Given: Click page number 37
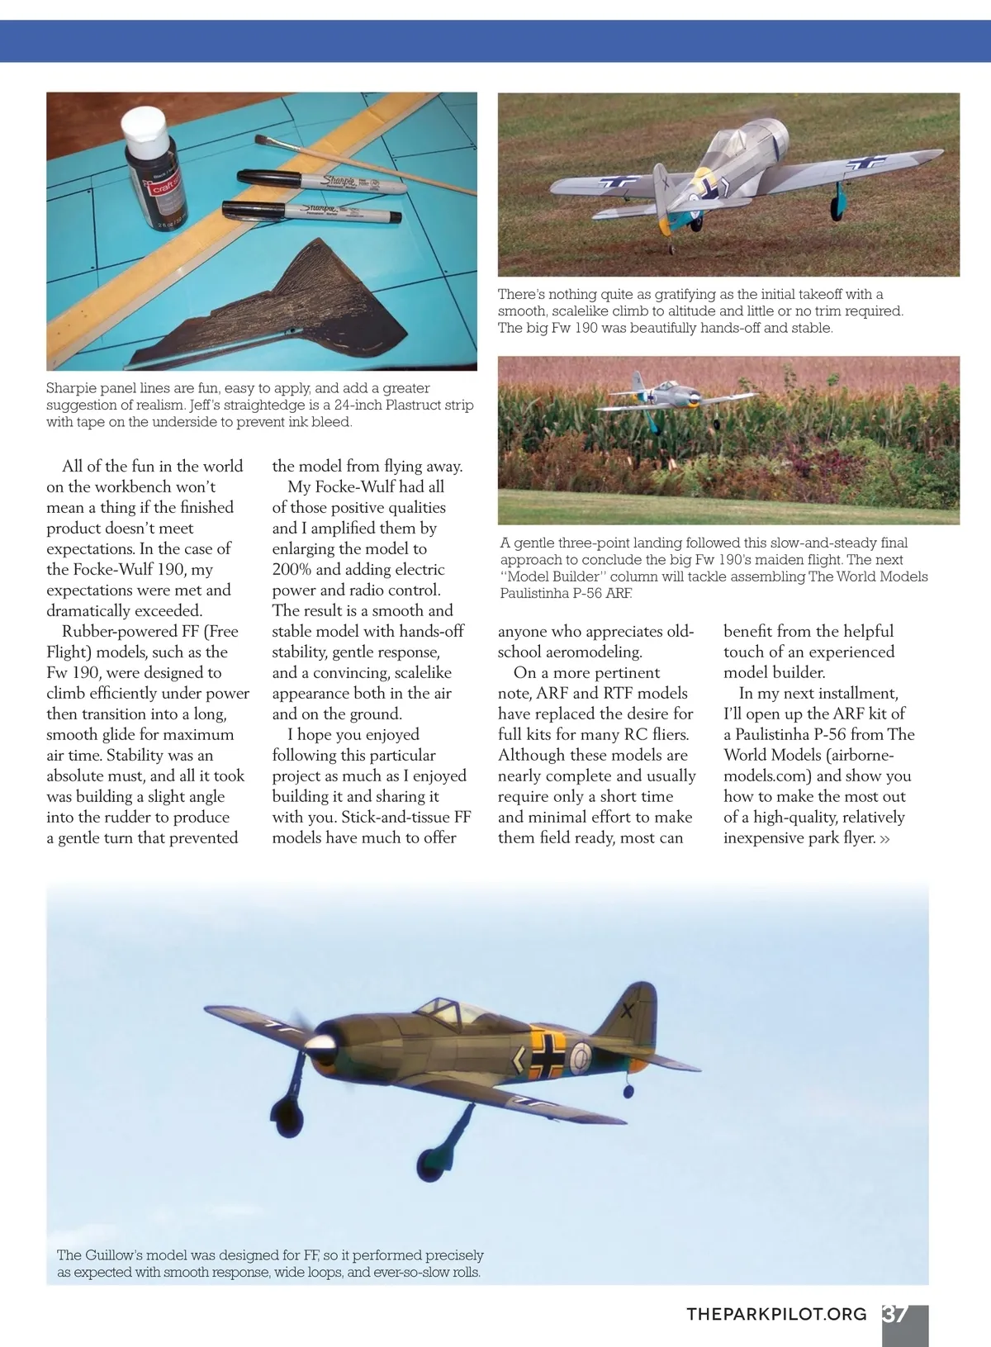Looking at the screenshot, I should (x=896, y=1313).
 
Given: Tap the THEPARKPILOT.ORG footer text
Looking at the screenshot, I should (x=776, y=1314).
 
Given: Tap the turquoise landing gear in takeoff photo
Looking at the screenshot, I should (x=837, y=199).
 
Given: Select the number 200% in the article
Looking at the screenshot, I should (x=292, y=570).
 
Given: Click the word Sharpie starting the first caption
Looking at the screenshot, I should (x=71, y=388).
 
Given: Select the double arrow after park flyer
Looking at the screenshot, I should (x=885, y=839).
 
